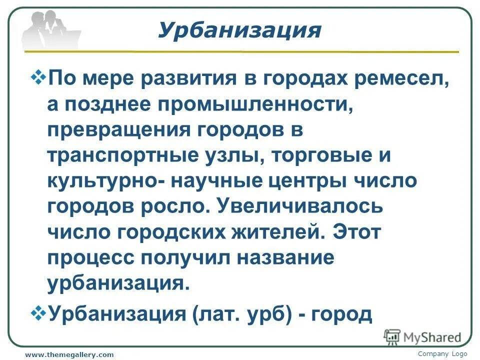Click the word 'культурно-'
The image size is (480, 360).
104,181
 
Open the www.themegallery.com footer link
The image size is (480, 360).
69,354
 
